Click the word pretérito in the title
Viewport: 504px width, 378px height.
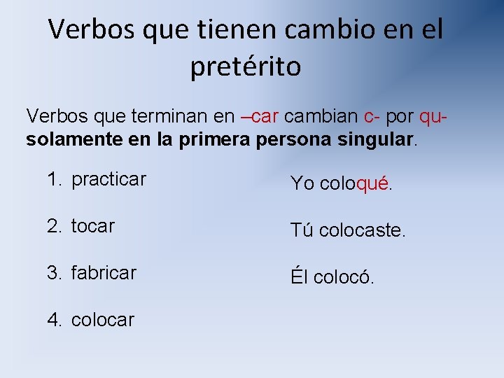tap(245, 66)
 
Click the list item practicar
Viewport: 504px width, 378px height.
tap(108, 179)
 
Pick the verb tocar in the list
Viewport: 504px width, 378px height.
tap(92, 226)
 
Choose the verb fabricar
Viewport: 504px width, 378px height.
tap(104, 272)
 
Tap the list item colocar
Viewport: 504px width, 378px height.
tap(102, 320)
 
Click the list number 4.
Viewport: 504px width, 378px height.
tap(54, 320)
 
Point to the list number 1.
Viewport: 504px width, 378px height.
tap(54, 179)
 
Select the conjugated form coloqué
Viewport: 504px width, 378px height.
tap(356, 184)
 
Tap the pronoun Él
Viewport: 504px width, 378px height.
tap(299, 277)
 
